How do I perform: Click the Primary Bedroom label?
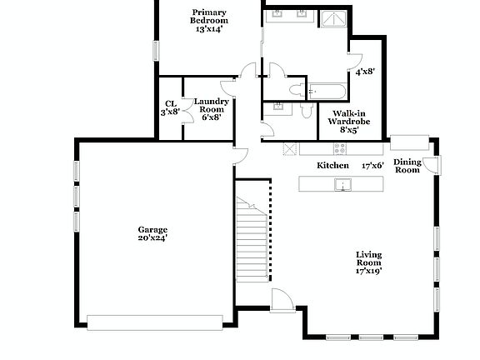[x=209, y=16]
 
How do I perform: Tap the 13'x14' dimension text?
[x=209, y=29]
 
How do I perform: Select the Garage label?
[x=152, y=229]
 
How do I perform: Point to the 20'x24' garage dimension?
[x=152, y=238]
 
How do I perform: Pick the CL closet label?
[x=170, y=104]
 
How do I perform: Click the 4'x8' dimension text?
[x=365, y=72]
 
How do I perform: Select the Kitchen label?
[x=332, y=165]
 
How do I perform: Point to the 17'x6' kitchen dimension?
[x=372, y=165]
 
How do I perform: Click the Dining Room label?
[x=407, y=166]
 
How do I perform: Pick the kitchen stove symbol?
[x=339, y=148]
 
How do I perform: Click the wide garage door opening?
[x=154, y=322]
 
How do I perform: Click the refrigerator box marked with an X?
[x=289, y=148]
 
